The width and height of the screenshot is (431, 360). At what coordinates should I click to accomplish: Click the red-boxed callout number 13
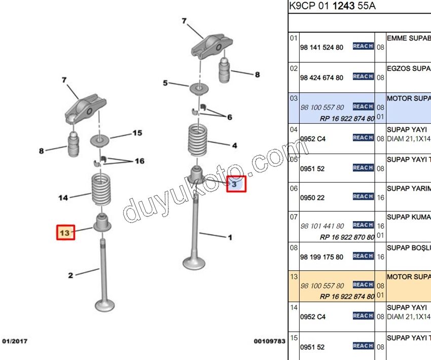pyautogui.click(x=65, y=232)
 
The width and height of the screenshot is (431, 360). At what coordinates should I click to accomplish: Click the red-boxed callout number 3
pyautogui.click(x=235, y=184)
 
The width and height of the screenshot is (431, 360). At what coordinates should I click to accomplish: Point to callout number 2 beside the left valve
pyautogui.click(x=70, y=275)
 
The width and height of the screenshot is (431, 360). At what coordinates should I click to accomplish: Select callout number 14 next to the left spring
pyautogui.click(x=63, y=198)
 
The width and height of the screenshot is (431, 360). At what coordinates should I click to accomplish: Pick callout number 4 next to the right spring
pyautogui.click(x=234, y=146)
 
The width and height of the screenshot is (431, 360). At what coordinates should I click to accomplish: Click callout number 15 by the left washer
pyautogui.click(x=137, y=133)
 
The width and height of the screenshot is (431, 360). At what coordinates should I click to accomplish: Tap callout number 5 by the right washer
pyautogui.click(x=165, y=83)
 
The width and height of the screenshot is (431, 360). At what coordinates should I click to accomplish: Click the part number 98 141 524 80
pyautogui.click(x=321, y=47)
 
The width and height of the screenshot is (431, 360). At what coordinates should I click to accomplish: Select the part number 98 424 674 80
pyautogui.click(x=321, y=78)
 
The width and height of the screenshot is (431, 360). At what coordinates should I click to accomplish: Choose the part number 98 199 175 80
pyautogui.click(x=321, y=257)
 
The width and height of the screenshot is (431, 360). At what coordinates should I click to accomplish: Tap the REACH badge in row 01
pyautogui.click(x=363, y=46)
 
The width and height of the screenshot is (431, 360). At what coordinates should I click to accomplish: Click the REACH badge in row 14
pyautogui.click(x=363, y=316)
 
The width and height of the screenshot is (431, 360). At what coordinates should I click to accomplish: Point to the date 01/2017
pyautogui.click(x=15, y=341)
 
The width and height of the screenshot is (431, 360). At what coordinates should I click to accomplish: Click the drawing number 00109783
pyautogui.click(x=269, y=341)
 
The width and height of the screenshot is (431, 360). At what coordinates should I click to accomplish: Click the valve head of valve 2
pyautogui.click(x=104, y=305)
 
